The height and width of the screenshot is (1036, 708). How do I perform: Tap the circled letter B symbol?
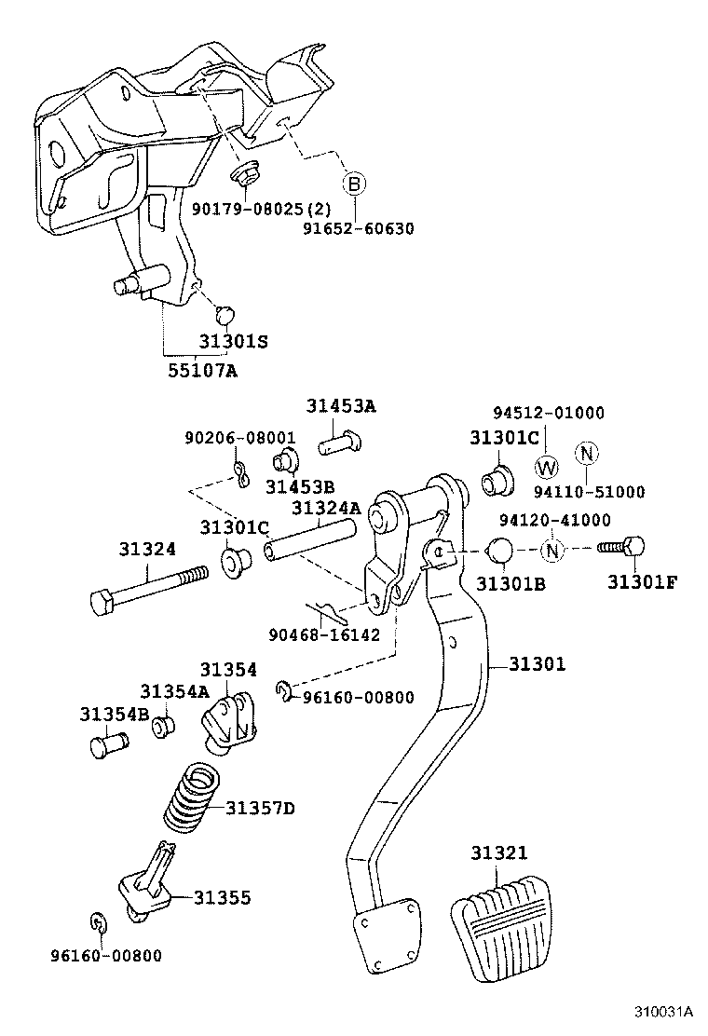click(354, 183)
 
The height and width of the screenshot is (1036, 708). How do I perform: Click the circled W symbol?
click(546, 467)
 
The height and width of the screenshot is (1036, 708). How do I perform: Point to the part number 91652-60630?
click(359, 228)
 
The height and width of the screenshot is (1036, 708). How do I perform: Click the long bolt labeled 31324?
click(148, 588)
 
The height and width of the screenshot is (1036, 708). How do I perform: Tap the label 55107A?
click(202, 371)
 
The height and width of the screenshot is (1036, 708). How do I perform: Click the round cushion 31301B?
click(499, 550)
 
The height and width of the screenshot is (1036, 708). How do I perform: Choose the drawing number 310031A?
click(663, 1012)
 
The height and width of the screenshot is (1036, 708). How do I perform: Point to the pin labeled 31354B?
click(108, 744)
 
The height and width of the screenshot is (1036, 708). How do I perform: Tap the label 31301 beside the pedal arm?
click(538, 663)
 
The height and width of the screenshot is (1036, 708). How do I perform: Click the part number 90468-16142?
click(324, 635)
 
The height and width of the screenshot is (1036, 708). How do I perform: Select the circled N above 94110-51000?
click(587, 453)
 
